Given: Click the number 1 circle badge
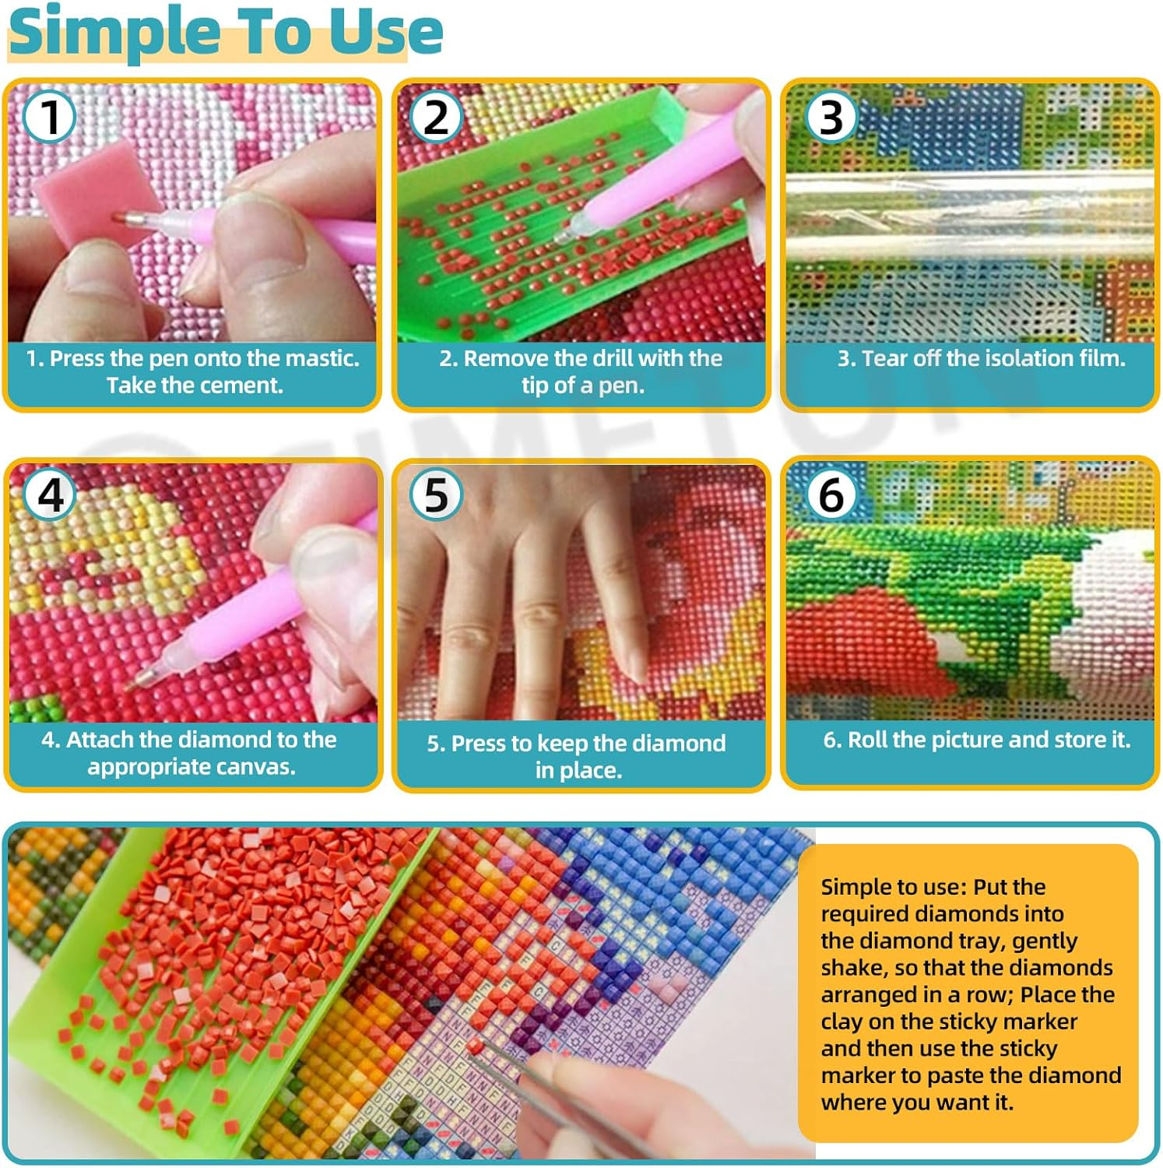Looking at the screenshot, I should (x=49, y=117).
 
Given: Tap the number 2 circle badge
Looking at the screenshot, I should (x=436, y=117).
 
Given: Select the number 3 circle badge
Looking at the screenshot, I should (x=831, y=117).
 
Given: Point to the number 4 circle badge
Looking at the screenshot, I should (x=50, y=494).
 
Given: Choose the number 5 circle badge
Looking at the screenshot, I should (x=436, y=494).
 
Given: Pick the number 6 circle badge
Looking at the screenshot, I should (x=831, y=494).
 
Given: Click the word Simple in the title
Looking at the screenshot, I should (x=115, y=33).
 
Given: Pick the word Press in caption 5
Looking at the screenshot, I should (x=479, y=744).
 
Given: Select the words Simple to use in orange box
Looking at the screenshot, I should (x=891, y=887).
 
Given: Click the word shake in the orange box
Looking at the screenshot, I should (x=852, y=968).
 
